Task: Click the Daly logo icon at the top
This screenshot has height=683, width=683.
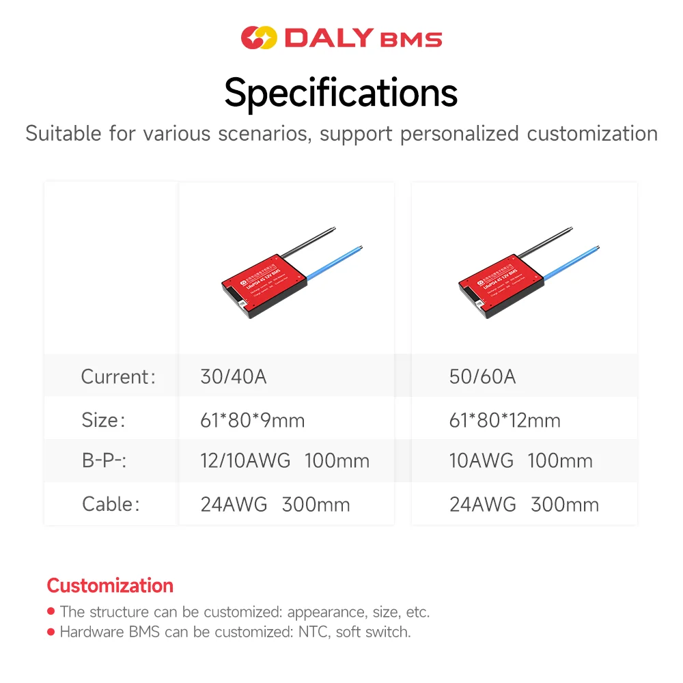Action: click(x=259, y=38)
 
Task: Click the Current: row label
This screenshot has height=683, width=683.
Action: click(x=117, y=376)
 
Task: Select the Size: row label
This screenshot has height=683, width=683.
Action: click(x=103, y=419)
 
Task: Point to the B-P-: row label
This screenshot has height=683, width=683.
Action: click(x=104, y=461)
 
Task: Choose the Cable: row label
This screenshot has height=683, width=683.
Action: click(x=110, y=504)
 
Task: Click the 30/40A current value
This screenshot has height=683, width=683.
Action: click(x=233, y=376)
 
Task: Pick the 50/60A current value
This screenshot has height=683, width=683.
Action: click(x=482, y=376)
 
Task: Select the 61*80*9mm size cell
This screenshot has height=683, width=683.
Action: click(x=252, y=419)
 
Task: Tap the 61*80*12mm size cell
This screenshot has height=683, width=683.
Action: click(x=504, y=419)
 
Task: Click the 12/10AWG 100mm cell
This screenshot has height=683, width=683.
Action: click(x=284, y=461)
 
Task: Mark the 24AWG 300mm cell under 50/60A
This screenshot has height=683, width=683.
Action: click(x=523, y=504)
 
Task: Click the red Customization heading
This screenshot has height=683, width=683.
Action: click(x=110, y=585)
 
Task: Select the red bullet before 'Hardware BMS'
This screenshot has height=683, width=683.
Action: click(x=51, y=632)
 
